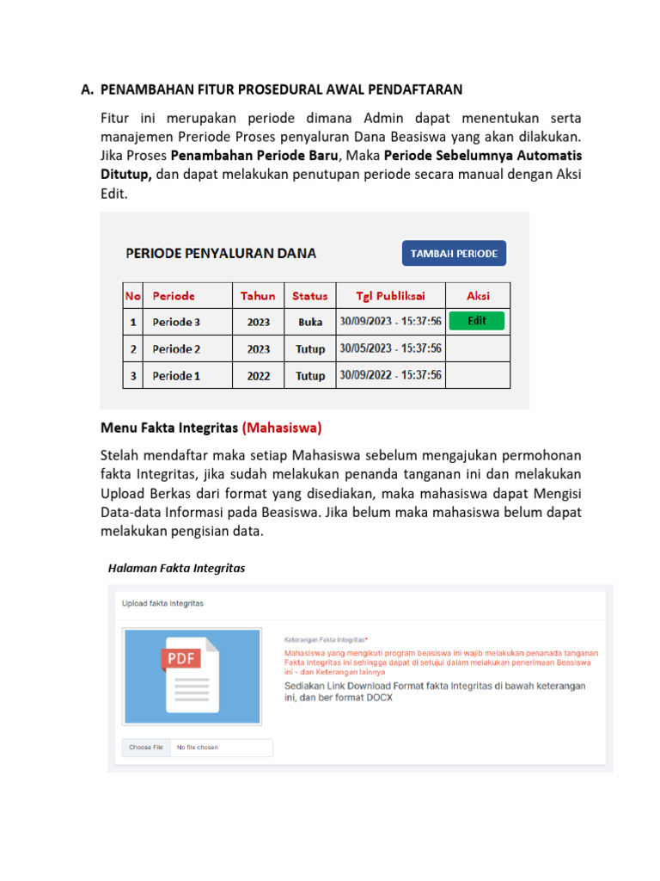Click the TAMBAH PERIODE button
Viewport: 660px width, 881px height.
[455, 254]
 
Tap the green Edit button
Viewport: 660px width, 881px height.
[477, 321]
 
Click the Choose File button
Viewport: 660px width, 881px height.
[146, 748]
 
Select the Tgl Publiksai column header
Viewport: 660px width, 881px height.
[391, 295]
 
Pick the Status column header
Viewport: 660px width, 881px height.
[309, 295]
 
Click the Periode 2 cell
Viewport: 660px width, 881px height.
[177, 348]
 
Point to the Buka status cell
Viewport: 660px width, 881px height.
[309, 322]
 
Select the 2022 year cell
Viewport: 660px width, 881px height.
[258, 375]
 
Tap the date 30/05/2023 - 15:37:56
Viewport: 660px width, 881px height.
[391, 348]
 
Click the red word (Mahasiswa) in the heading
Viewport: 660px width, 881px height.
[282, 427]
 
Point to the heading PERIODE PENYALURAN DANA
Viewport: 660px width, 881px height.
[221, 253]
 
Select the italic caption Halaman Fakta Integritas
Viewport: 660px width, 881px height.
[176, 568]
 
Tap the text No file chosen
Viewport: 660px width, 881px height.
[197, 748]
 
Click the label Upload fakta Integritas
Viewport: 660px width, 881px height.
[163, 603]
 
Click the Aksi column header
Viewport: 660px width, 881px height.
[478, 295]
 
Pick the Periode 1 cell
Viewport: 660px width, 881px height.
[176, 375]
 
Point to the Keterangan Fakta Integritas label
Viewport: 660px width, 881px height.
[326, 640]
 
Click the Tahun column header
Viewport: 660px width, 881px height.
[258, 295]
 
